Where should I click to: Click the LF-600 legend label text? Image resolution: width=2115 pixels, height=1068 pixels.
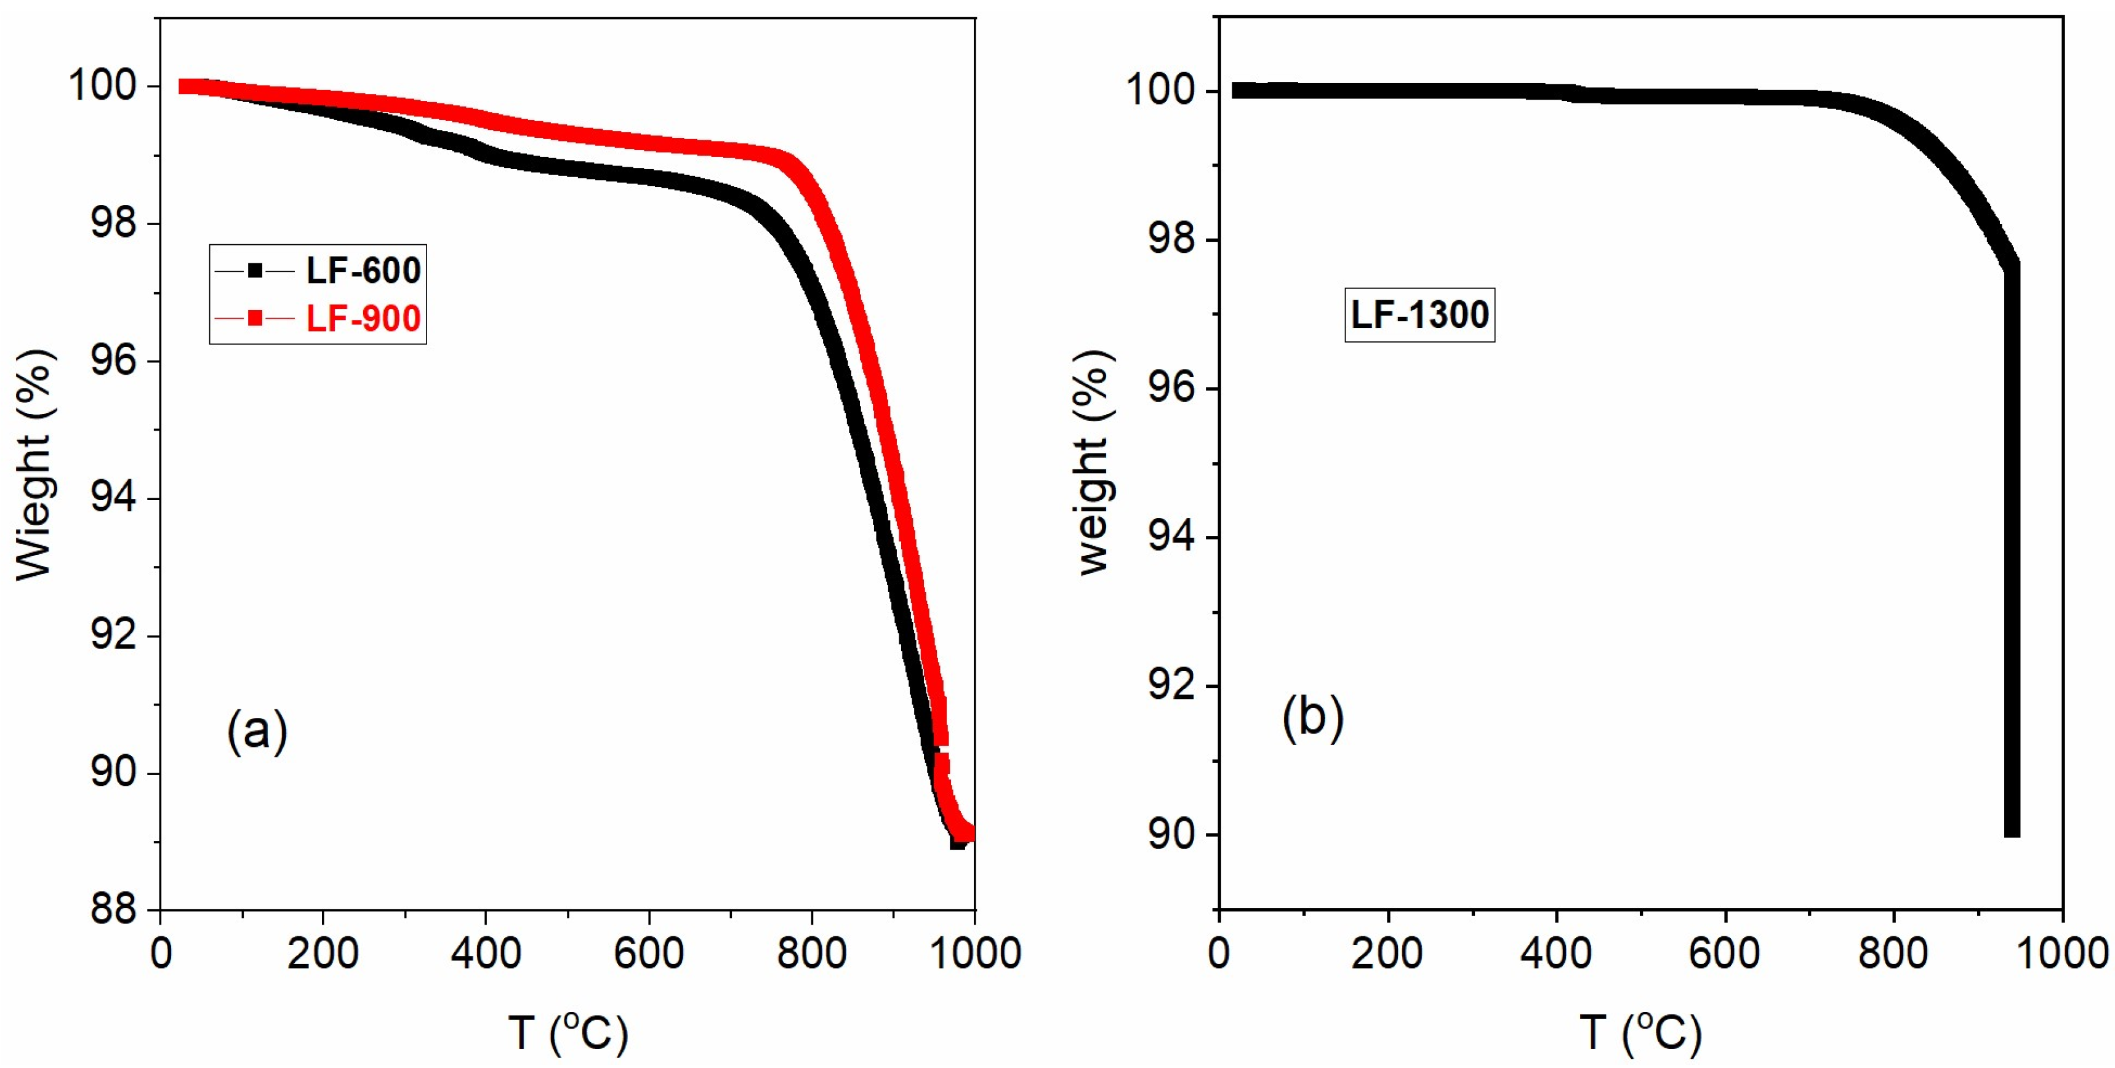[x=363, y=270]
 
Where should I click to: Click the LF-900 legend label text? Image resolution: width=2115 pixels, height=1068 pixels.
[x=363, y=319]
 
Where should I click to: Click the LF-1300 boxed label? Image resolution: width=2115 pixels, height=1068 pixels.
[x=1419, y=314]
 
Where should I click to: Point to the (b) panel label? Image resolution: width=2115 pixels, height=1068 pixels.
[x=1312, y=717]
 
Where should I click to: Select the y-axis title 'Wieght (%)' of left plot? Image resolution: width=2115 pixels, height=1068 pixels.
[x=34, y=464]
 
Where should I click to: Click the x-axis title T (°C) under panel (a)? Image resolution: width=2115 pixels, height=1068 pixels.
[x=568, y=1031]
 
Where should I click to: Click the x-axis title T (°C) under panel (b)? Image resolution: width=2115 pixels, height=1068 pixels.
[x=1640, y=1031]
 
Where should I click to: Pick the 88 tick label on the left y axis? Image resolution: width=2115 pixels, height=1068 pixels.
[x=113, y=909]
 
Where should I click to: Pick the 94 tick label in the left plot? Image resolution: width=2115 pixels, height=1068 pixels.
[x=113, y=498]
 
